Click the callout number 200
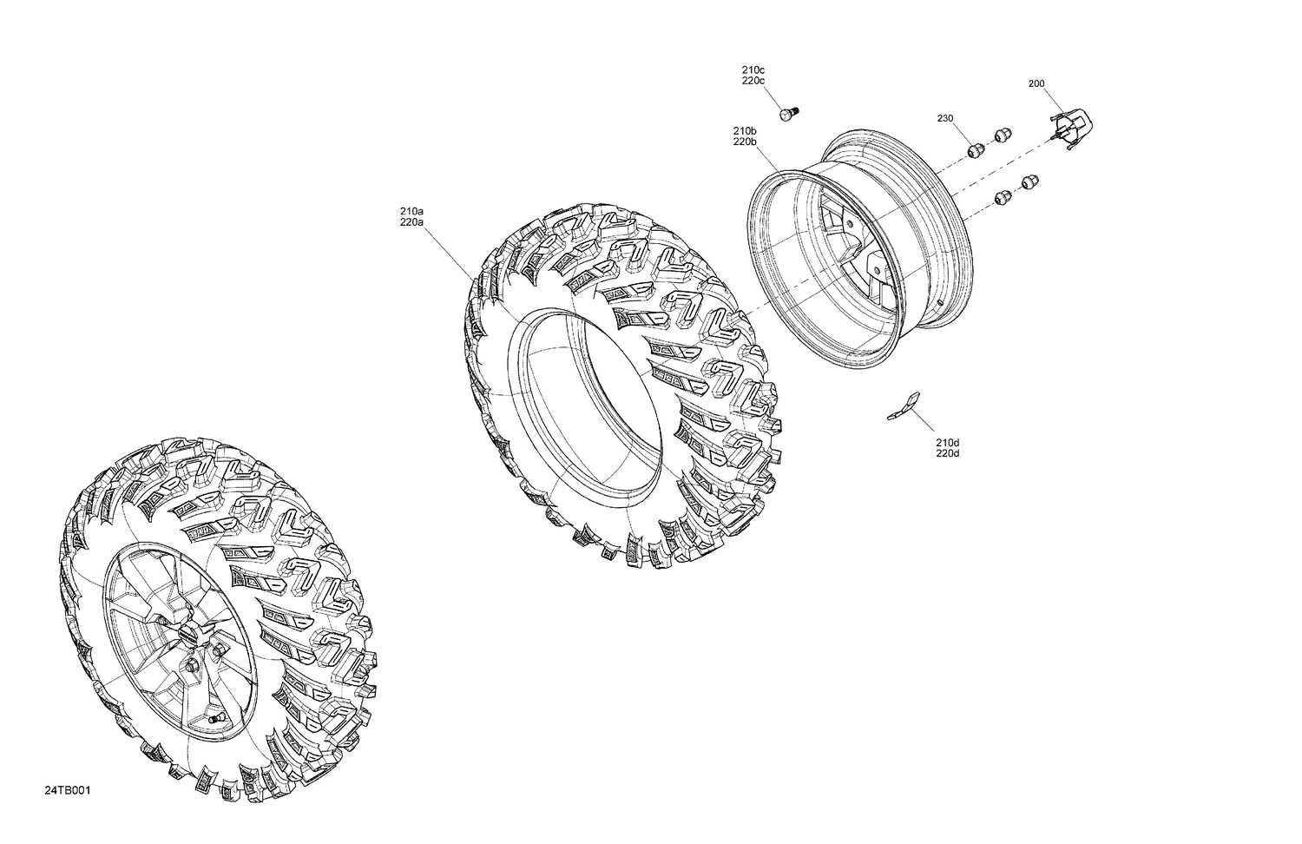(1036, 84)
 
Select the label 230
(945, 118)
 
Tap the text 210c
(753, 69)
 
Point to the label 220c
(753, 81)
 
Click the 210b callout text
(745, 130)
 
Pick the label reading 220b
(745, 142)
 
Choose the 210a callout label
(411, 211)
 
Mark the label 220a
(411, 222)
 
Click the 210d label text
(947, 442)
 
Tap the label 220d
(947, 453)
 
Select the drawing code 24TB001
(68, 791)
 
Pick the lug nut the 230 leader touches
(975, 149)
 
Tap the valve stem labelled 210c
(788, 114)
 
